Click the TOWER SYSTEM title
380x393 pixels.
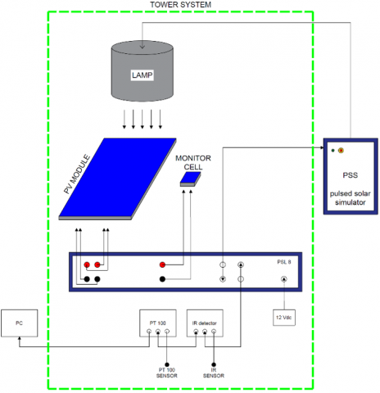[180, 5]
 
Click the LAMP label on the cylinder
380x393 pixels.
[142, 75]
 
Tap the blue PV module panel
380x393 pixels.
[117, 178]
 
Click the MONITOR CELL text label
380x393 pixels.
[193, 162]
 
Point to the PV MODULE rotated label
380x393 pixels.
[77, 174]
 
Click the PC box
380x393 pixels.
[20, 323]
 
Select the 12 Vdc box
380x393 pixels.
[284, 318]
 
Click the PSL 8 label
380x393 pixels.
[284, 262]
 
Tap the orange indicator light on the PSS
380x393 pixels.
[341, 151]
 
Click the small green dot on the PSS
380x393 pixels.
[332, 151]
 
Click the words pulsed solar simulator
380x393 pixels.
[351, 198]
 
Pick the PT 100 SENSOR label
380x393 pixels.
[167, 373]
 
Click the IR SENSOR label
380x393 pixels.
[214, 373]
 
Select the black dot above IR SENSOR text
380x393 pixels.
[214, 364]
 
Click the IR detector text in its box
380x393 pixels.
[205, 323]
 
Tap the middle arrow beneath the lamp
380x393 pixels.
[142, 119]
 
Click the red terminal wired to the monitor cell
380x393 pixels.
[162, 264]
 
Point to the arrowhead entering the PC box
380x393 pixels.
[20, 338]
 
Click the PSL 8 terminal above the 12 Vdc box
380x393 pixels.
[284, 279]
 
